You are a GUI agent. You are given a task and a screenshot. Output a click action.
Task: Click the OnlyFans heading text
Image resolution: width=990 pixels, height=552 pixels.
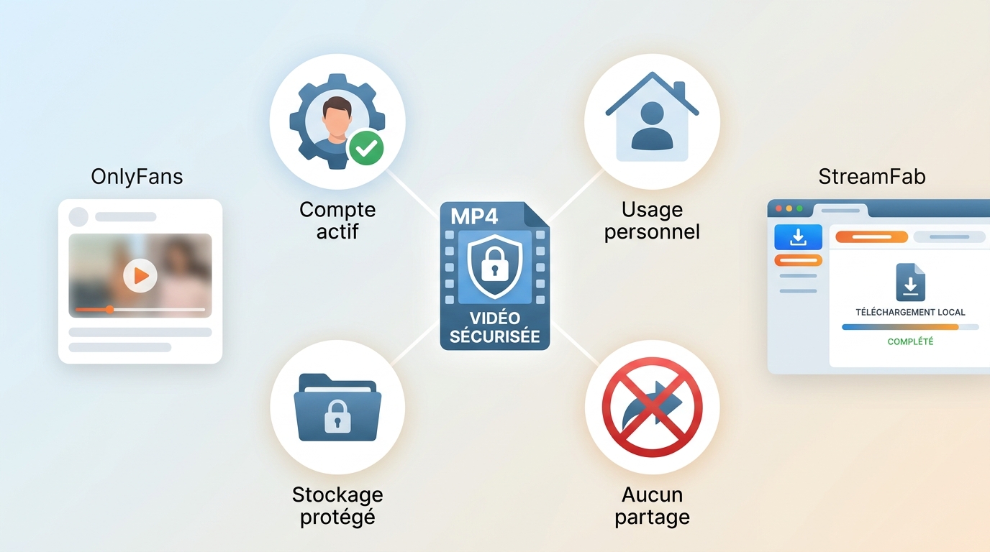point(137,177)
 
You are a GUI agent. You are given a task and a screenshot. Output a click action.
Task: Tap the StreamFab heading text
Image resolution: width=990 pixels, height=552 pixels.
point(871,177)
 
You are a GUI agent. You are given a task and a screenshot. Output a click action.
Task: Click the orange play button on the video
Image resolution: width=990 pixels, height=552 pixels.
point(140,275)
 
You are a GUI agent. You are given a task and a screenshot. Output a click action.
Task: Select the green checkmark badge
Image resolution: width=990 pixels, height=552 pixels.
point(366,147)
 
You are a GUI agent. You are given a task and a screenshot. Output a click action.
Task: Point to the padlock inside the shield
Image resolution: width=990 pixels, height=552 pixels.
point(494,265)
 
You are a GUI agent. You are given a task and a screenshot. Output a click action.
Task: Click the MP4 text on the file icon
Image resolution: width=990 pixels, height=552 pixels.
point(474,216)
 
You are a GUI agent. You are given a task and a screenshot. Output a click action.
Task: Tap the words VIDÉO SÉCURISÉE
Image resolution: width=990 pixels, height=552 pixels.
point(494,327)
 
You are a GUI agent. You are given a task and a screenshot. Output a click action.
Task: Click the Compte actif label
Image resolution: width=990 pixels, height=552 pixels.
point(337,221)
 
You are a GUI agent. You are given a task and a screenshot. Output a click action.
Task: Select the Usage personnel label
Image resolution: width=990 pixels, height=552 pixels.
point(652,221)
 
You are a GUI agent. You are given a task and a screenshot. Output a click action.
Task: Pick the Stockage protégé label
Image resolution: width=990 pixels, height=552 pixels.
point(337,505)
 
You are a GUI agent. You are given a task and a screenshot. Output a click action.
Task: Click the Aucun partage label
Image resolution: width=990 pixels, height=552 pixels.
point(652,505)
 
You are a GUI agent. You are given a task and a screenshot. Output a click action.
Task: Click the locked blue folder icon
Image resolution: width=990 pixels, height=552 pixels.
point(337,407)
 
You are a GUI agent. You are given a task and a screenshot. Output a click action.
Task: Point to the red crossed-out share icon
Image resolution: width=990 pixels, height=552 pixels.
point(652,407)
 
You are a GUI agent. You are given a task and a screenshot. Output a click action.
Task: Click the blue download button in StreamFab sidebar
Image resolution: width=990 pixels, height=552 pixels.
point(798,237)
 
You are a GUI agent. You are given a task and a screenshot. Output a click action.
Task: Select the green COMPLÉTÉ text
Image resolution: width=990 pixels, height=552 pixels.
point(910,341)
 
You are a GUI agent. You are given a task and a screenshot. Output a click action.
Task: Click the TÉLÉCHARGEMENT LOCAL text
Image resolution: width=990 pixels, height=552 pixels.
point(910,312)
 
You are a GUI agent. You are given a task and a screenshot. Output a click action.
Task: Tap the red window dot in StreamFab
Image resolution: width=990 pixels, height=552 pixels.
point(778,208)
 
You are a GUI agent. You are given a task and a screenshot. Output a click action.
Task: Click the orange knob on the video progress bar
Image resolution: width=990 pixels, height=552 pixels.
point(109,310)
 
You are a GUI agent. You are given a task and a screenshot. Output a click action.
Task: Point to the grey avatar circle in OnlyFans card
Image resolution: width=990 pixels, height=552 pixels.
point(78,217)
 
